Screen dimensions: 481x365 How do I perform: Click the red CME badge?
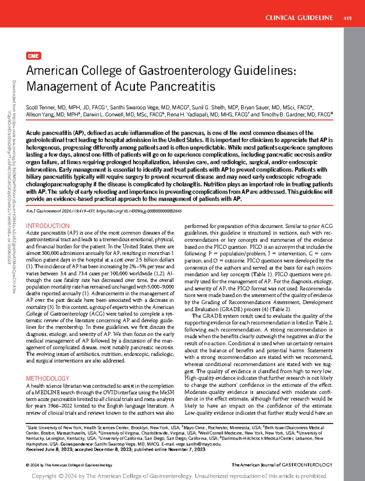(x=33, y=56)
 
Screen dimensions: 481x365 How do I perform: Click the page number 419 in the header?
(x=347, y=18)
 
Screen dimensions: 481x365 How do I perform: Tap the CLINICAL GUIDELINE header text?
(x=299, y=18)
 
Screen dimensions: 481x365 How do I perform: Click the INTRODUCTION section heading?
(x=48, y=226)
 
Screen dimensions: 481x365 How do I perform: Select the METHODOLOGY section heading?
(x=48, y=378)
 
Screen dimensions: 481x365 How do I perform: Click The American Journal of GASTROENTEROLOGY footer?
(x=282, y=465)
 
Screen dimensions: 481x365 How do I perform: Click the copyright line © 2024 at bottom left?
(x=69, y=465)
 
